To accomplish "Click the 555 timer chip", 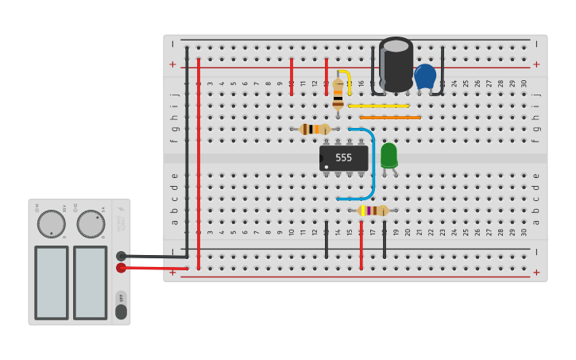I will point(343,157).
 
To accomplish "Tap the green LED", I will point(389,154).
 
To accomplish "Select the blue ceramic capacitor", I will point(425,76).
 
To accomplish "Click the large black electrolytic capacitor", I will point(396,65).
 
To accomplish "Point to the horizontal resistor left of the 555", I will point(315,129).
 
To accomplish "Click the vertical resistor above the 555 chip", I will point(338,92).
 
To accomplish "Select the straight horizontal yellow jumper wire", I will point(379,106).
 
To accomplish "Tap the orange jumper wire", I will point(390,118).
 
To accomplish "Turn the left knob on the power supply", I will point(52,224).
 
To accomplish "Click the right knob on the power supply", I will point(90,224).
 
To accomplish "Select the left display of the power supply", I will point(52,282).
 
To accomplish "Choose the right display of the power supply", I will point(90,282).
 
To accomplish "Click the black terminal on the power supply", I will point(121,256).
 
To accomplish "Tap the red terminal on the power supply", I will point(121,268).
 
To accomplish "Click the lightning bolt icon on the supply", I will point(121,211).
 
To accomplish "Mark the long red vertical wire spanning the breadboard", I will point(199,159).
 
